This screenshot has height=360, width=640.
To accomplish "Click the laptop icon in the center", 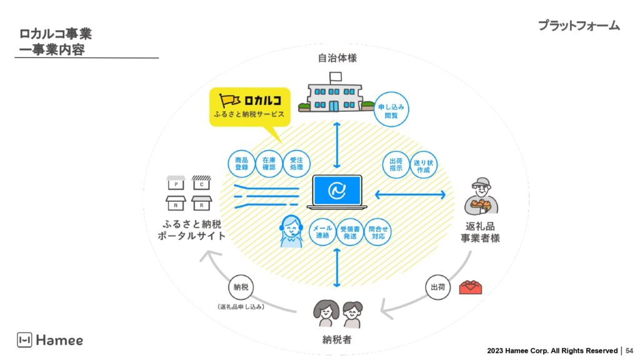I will coord(337,192).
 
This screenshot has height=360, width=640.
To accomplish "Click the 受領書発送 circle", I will coord(350,233).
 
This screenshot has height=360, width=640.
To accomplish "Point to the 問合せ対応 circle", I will coord(378,233).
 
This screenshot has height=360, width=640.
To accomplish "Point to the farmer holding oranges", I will coord(481,197).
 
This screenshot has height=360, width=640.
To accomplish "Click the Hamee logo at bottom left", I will coord(50,340).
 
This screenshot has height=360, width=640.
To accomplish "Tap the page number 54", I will coord(629,351).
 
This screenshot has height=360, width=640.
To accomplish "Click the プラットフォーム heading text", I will coord(578,26).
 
